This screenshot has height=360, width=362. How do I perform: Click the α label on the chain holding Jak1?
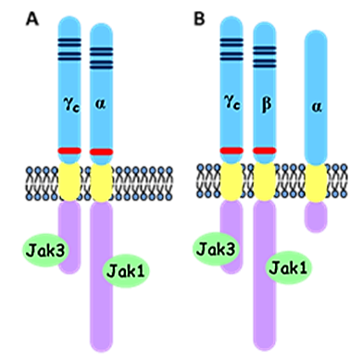click(x=101, y=106)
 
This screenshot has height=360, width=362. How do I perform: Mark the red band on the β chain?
click(x=265, y=150)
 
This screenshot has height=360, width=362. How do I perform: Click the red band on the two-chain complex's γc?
click(x=69, y=151)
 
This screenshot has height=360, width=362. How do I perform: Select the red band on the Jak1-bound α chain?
click(x=101, y=151)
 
